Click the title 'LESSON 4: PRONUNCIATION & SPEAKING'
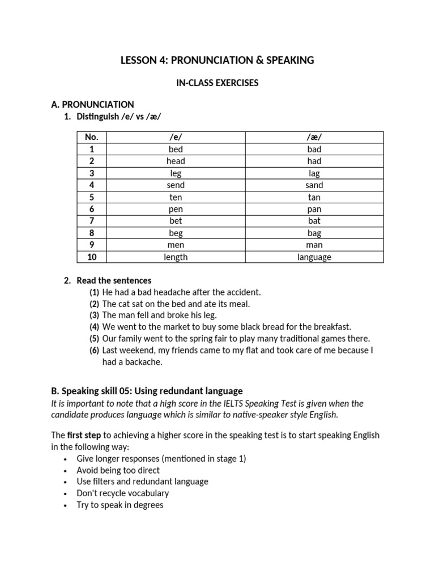click(217, 60)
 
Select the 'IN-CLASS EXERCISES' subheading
click(217, 83)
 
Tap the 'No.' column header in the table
click(92, 137)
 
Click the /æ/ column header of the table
click(314, 137)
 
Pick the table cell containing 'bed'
click(176, 149)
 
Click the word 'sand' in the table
click(314, 185)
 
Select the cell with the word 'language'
click(314, 257)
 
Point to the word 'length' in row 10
click(176, 257)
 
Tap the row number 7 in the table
click(92, 221)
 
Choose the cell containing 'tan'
click(314, 197)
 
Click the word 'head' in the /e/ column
click(176, 161)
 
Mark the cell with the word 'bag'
click(314, 233)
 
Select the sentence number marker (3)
click(94, 315)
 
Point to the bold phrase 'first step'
click(85, 435)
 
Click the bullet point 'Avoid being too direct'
click(118, 470)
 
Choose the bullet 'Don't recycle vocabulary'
click(123, 493)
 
